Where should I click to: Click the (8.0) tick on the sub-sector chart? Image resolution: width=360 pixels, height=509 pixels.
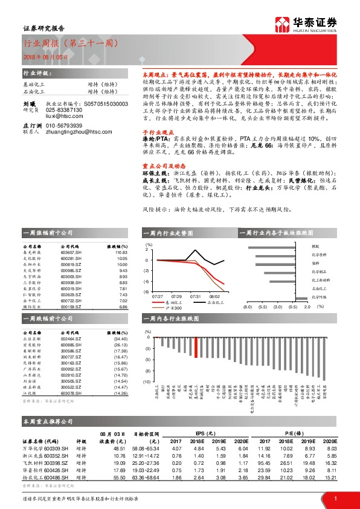click(247, 307)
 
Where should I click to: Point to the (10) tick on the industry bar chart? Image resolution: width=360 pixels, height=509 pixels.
click(146, 382)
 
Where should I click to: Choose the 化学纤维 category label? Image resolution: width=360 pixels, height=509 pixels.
click(318, 297)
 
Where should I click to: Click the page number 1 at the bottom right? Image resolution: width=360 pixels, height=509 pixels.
click(335, 498)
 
